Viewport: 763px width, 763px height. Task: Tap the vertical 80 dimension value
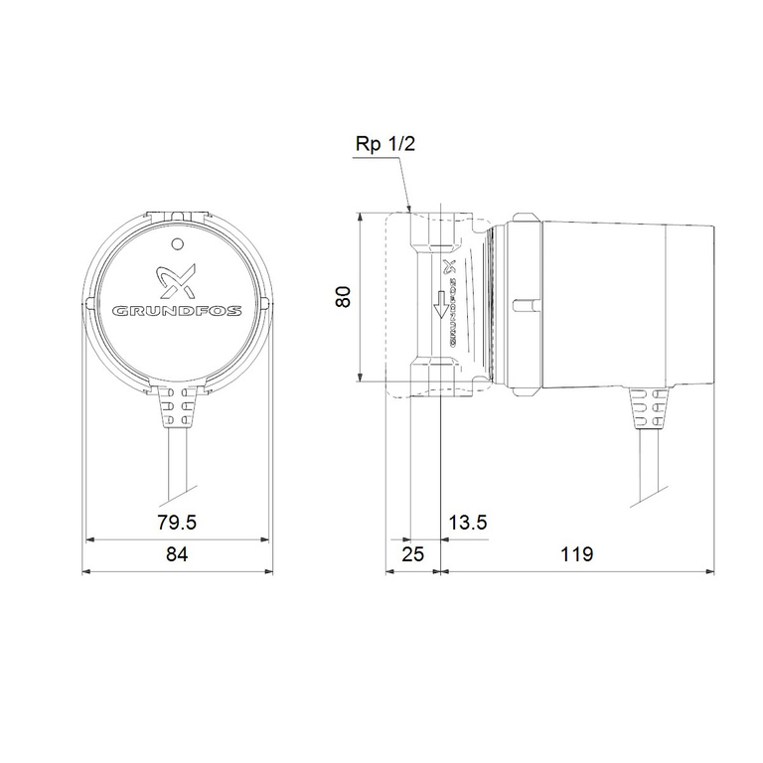pyautogui.click(x=344, y=297)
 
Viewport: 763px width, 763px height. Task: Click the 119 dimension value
pyautogui.click(x=576, y=554)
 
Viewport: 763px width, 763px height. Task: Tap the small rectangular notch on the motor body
pyautogui.click(x=524, y=302)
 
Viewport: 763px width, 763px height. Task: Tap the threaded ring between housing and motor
pyautogui.click(x=489, y=298)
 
